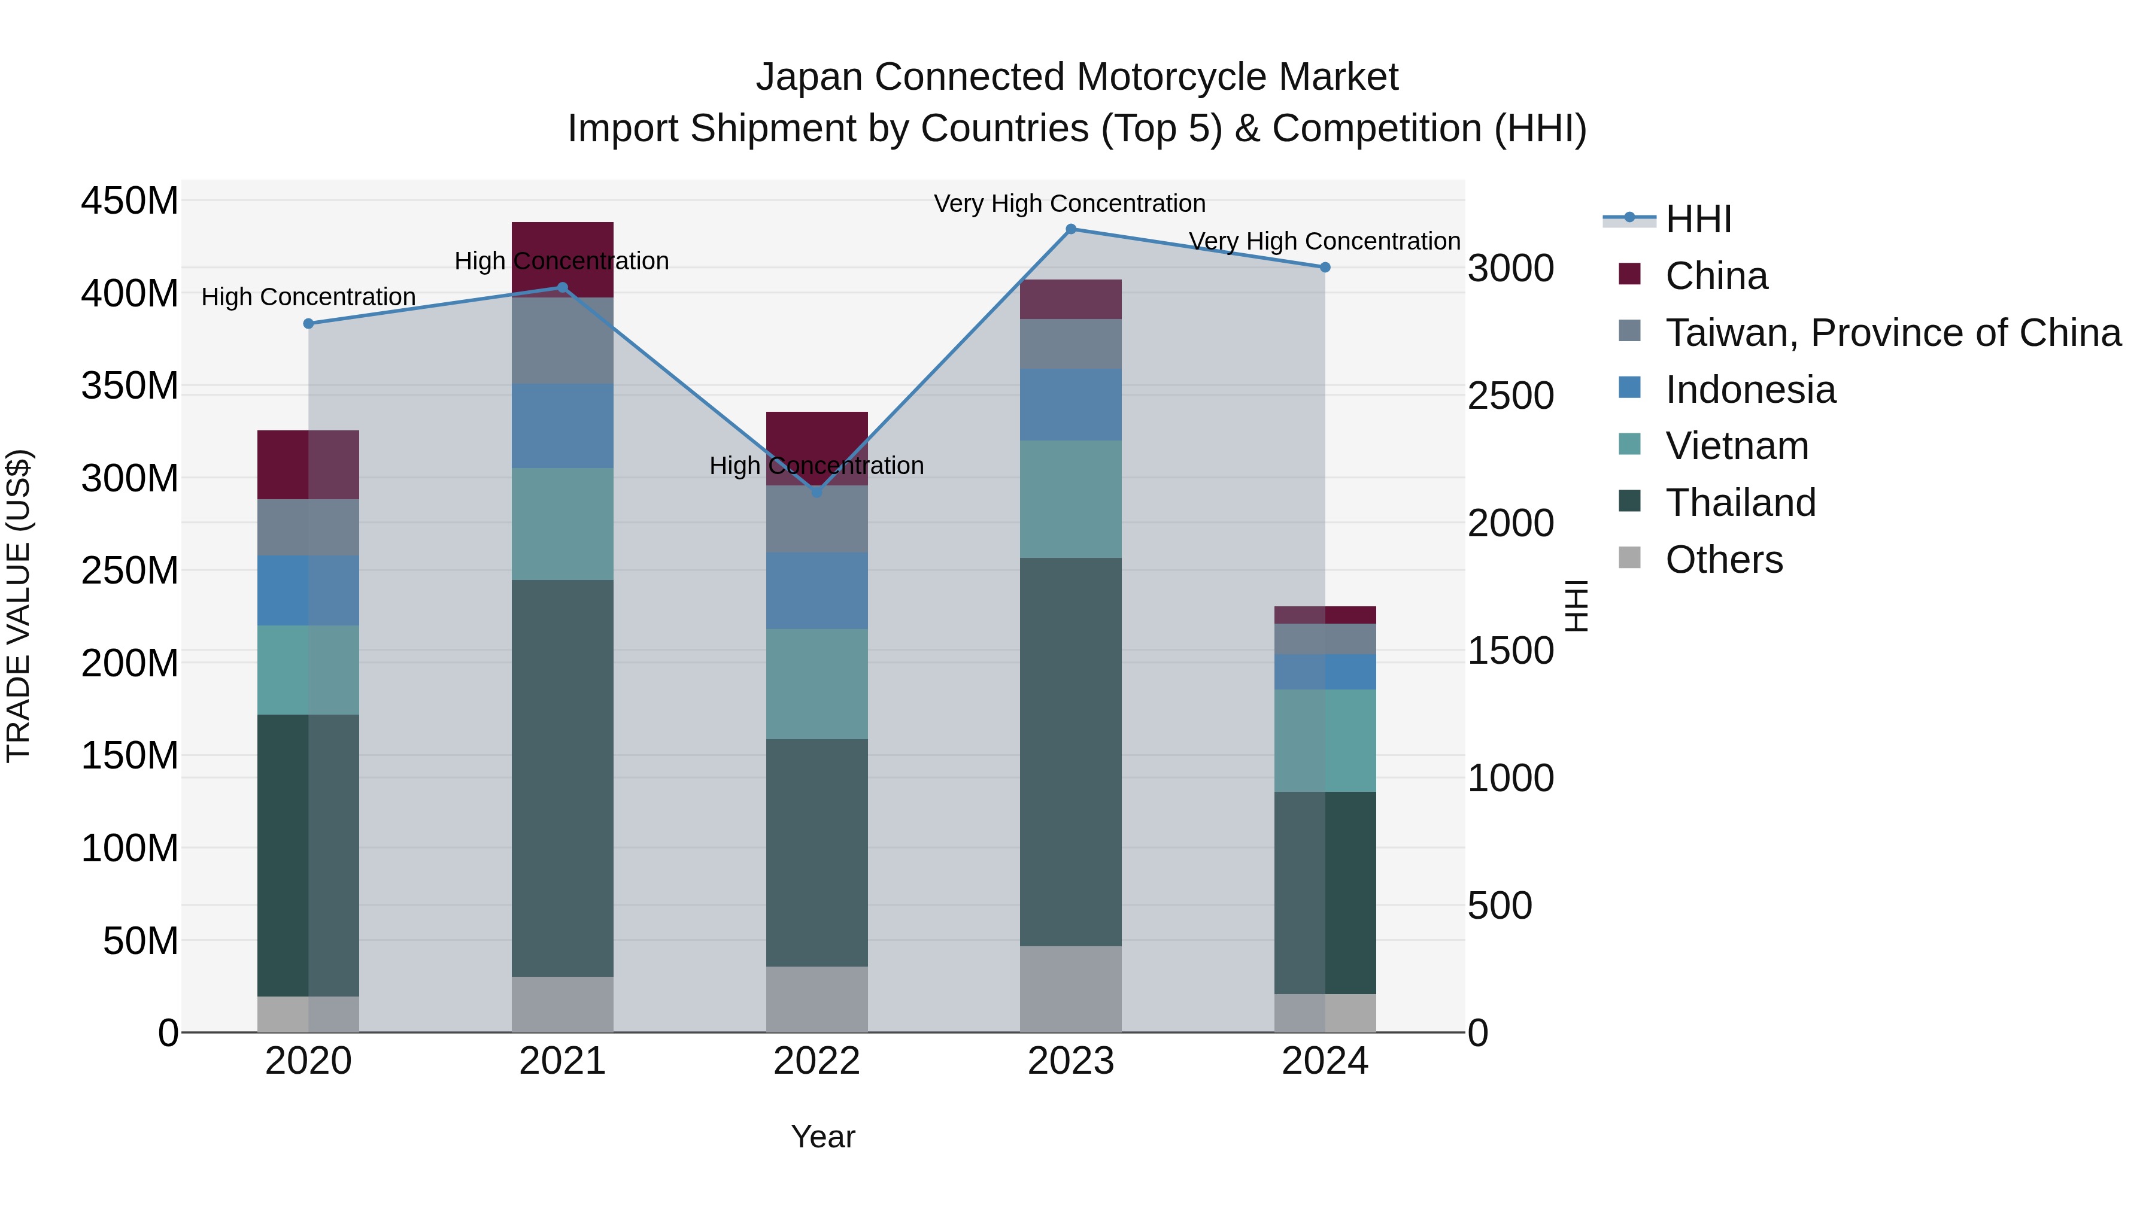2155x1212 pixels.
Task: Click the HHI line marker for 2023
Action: point(1071,229)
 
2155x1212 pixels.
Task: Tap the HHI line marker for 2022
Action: point(817,493)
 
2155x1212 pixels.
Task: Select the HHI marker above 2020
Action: point(309,324)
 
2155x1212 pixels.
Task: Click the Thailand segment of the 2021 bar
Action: point(562,778)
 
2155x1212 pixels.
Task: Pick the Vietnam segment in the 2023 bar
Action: point(1071,499)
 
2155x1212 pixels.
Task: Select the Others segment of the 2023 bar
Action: point(1071,989)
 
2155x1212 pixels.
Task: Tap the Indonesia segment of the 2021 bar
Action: point(562,426)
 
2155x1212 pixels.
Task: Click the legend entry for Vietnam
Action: point(1736,446)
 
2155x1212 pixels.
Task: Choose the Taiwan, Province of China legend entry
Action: point(1892,333)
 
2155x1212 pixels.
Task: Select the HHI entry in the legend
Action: point(1698,219)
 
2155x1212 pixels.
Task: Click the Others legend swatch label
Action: point(1723,560)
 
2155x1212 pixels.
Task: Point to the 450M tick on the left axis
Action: point(130,202)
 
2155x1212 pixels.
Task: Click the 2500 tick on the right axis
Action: point(1511,396)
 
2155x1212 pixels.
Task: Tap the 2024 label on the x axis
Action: point(1325,1061)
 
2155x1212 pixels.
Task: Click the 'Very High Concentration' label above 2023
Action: point(1069,203)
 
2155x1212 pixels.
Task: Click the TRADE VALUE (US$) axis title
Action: point(19,606)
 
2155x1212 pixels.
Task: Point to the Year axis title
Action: point(823,1137)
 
